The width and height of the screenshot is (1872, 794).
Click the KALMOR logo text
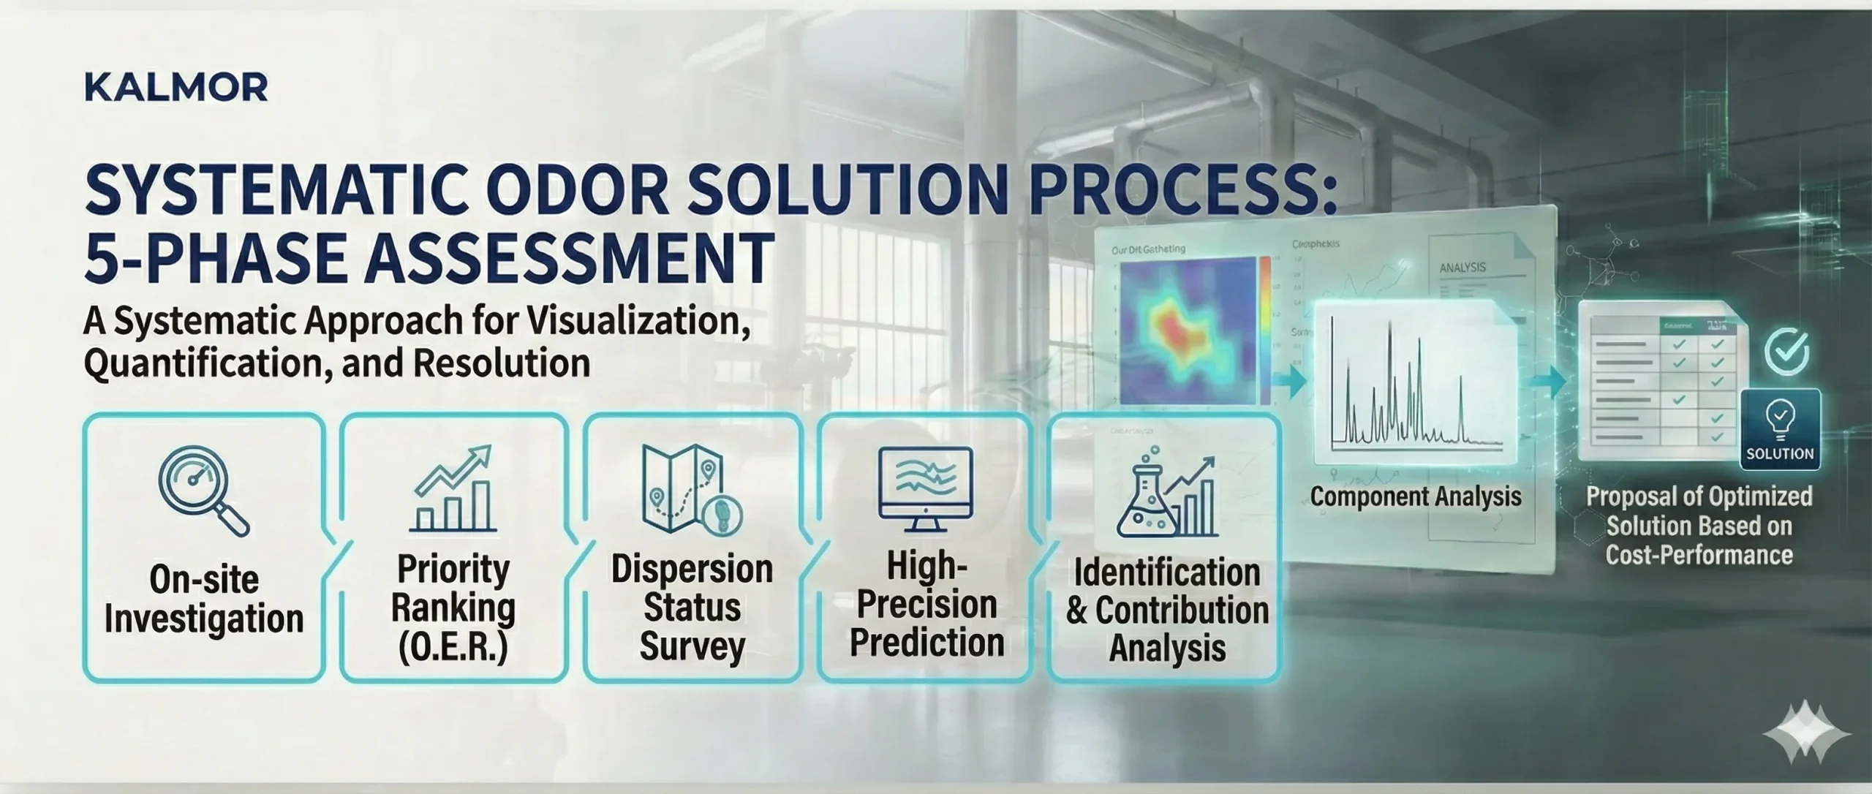176,88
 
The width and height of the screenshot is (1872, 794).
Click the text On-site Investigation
204,599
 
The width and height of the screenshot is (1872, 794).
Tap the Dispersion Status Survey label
691,608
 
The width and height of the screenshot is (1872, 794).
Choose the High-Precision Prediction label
926,605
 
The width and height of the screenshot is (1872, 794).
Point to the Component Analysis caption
1415,496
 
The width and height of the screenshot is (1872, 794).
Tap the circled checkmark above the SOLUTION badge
1786,352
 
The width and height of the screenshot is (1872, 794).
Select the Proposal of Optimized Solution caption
1699,525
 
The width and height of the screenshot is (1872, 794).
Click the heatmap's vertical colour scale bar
1264,329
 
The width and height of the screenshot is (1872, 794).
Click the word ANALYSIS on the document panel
1462,268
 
